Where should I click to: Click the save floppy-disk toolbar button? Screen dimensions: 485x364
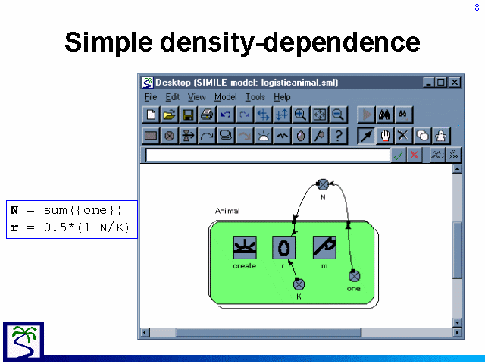188,115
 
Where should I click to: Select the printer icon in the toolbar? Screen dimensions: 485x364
207,115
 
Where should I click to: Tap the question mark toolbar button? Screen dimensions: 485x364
339,136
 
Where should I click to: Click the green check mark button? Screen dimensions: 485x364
398,155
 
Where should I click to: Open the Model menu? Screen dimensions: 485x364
226,97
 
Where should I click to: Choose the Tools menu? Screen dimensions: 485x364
255,97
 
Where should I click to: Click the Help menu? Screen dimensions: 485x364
282,97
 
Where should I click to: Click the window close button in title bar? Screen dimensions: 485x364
455,83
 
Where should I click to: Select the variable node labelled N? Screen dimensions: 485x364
324,184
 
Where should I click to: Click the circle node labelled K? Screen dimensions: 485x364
299,284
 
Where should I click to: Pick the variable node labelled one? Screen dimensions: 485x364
355,276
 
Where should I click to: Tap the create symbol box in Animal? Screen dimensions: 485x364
245,248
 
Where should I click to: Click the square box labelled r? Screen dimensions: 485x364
283,248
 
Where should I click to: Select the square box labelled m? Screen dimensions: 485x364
324,248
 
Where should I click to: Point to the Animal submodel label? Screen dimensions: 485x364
227,211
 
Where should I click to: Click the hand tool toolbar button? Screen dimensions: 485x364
385,136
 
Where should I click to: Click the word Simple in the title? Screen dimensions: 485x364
109,42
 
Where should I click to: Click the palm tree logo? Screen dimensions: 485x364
23,341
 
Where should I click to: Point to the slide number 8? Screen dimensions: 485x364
477,7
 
